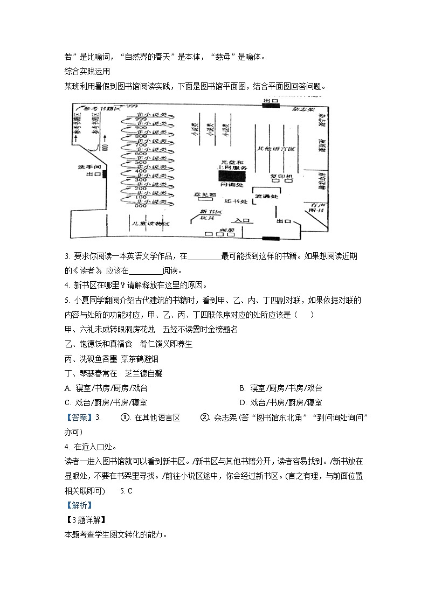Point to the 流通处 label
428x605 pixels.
pyautogui.click(x=266, y=197)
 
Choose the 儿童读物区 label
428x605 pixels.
pyautogui.click(x=151, y=223)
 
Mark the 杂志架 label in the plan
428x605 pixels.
pyautogui.click(x=303, y=108)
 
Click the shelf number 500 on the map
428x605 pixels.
pyautogui.click(x=141, y=162)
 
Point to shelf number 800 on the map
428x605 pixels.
pyautogui.click(x=141, y=136)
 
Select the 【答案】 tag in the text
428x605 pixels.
pyautogui.click(x=79, y=418)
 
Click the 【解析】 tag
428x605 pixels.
pyautogui.click(x=78, y=505)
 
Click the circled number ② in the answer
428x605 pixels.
pyautogui.click(x=204, y=418)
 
